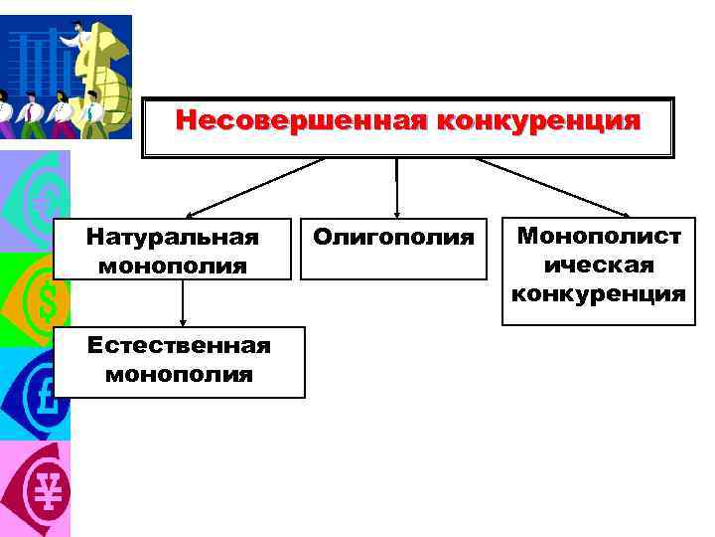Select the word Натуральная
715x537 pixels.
[x=172, y=237]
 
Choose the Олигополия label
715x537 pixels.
[x=393, y=237]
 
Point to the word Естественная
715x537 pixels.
[x=179, y=345]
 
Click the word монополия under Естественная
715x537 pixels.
[x=179, y=374]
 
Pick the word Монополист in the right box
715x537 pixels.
[x=599, y=237]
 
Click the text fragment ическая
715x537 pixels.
[x=599, y=265]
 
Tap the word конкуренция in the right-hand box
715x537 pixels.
[x=599, y=293]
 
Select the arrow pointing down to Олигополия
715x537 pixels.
[x=396, y=189]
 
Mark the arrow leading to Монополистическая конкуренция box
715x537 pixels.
[x=551, y=187]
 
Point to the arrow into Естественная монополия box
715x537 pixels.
[x=183, y=303]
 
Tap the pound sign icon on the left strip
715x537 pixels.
[x=40, y=393]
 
